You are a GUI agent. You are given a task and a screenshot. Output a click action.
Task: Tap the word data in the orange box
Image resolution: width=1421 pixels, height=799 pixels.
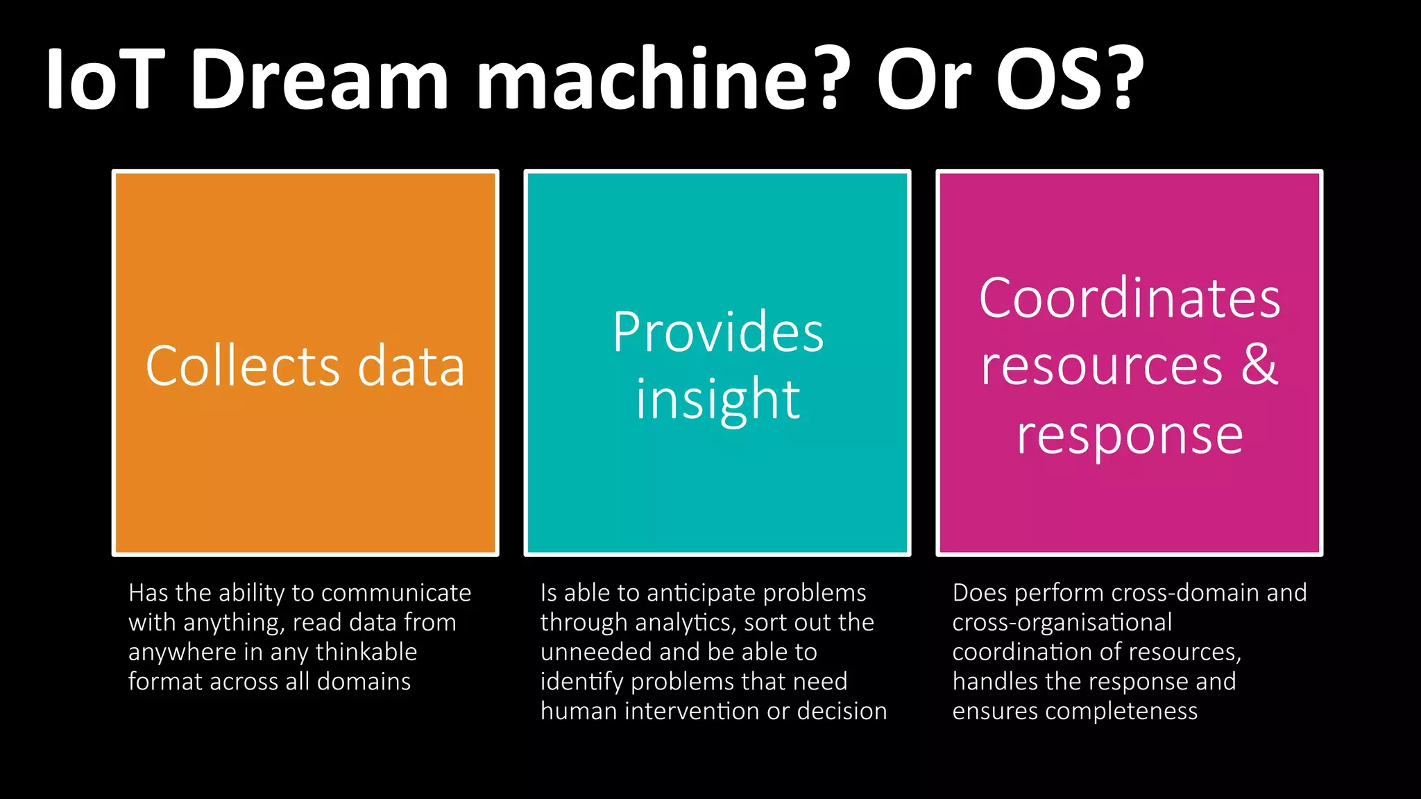411,366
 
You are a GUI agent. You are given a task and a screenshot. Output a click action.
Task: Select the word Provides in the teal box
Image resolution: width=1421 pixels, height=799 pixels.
717,332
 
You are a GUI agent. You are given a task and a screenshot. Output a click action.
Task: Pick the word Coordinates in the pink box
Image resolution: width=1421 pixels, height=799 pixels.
1129,298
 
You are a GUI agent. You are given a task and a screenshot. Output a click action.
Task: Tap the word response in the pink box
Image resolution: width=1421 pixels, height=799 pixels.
1129,436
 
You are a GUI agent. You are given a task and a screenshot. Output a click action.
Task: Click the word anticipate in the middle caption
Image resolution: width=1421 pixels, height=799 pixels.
691,593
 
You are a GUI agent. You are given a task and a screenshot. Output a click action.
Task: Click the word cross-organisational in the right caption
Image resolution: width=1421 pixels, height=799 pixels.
1062,623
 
